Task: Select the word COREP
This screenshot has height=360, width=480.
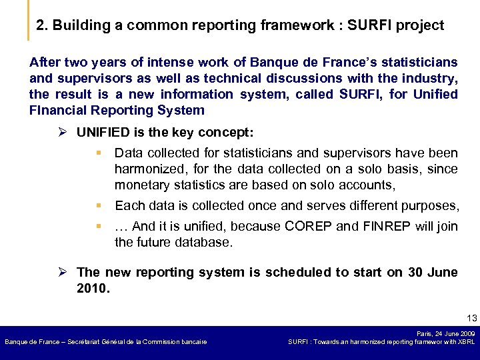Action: coord(308,226)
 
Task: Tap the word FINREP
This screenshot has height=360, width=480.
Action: coord(386,226)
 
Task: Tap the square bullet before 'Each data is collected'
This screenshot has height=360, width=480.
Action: coord(99,205)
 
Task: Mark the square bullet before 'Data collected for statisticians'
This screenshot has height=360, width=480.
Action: coord(99,153)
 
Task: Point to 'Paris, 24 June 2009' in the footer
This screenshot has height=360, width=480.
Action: coord(445,333)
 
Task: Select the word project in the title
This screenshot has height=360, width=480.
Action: coord(420,26)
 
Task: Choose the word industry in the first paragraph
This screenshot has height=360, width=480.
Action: coord(433,77)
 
